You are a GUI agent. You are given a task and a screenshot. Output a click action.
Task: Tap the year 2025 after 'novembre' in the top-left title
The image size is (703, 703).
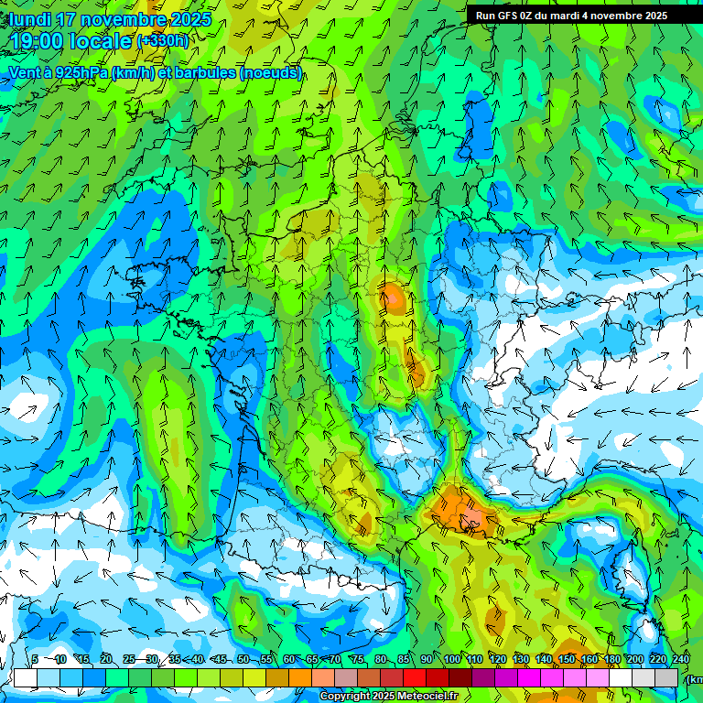click(189, 19)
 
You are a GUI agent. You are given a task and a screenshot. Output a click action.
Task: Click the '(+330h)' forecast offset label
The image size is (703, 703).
click(162, 40)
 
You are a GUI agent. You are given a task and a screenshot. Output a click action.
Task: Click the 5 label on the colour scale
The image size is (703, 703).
click(35, 660)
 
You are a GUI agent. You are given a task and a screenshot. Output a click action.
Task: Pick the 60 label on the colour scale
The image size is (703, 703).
click(289, 660)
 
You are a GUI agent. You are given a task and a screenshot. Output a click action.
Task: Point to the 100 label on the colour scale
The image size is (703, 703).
click(452, 660)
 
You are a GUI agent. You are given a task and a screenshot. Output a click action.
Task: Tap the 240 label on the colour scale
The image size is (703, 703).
click(680, 660)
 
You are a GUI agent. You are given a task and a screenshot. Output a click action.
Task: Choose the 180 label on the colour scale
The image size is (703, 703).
click(612, 660)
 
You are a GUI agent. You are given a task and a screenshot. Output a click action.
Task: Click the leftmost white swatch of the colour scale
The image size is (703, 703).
click(25, 677)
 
